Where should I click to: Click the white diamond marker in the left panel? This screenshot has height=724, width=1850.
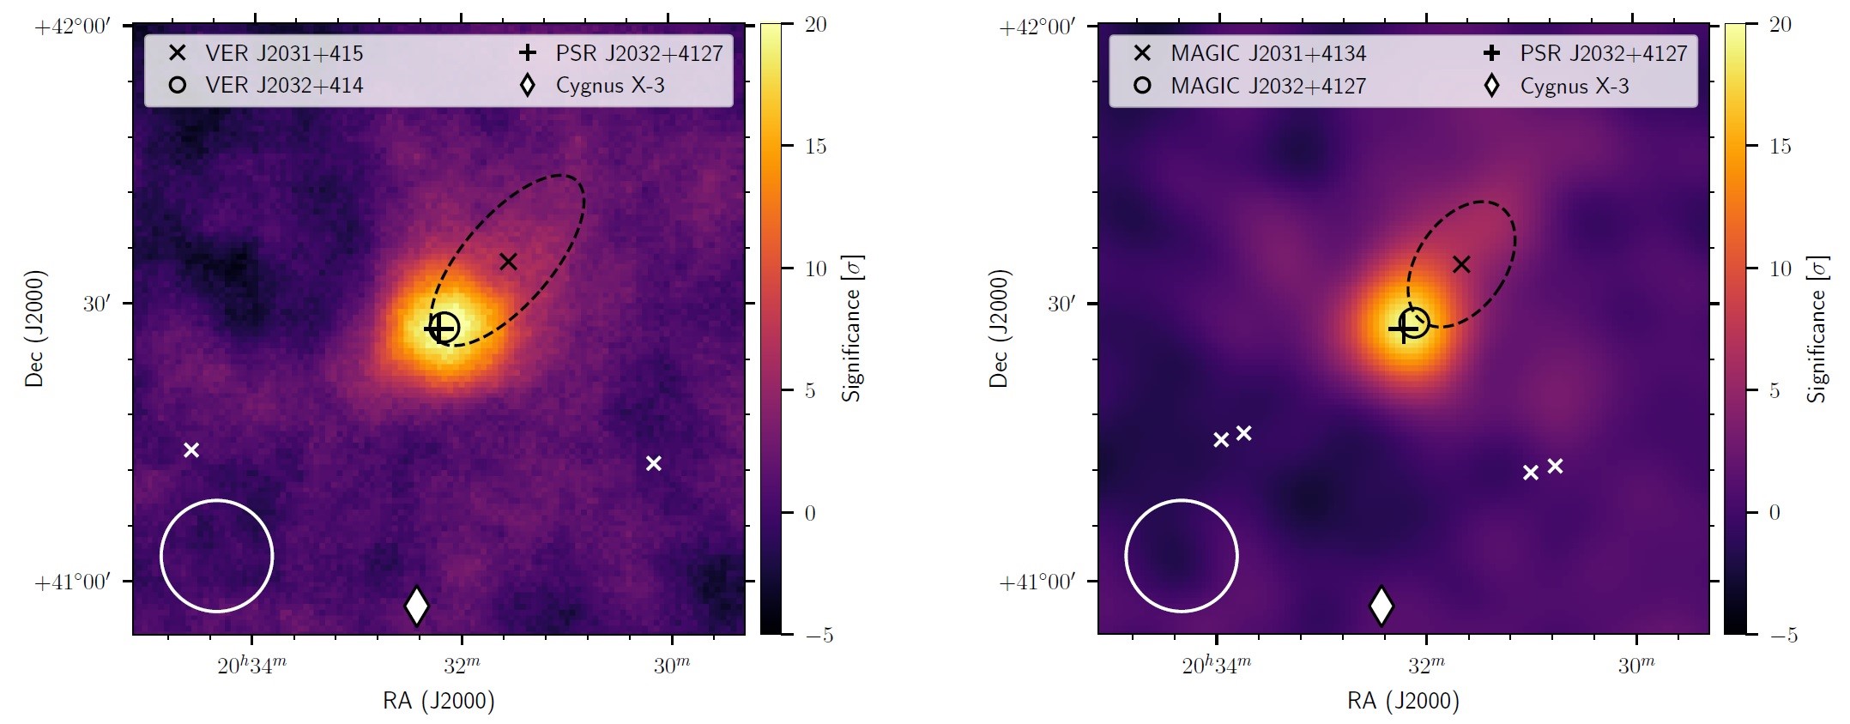pyautogui.click(x=416, y=606)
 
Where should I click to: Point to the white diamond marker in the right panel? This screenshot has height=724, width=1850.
pyautogui.click(x=1381, y=606)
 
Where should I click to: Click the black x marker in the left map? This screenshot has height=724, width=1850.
pyautogui.click(x=508, y=261)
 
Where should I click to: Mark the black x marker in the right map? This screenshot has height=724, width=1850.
pyautogui.click(x=1461, y=264)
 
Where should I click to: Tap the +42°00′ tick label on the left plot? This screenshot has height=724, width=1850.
pyautogui.click(x=73, y=27)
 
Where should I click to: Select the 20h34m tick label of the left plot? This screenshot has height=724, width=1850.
pyautogui.click(x=251, y=666)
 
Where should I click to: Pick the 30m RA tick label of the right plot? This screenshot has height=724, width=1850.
pyautogui.click(x=1635, y=666)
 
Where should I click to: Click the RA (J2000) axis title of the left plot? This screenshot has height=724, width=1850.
pyautogui.click(x=438, y=701)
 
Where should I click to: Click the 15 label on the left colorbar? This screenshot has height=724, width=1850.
pyautogui.click(x=815, y=146)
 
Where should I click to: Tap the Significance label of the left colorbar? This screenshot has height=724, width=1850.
pyautogui.click(x=851, y=329)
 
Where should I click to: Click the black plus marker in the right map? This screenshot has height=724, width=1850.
pyautogui.click(x=1404, y=328)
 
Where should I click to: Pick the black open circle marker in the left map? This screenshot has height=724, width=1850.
pyautogui.click(x=444, y=327)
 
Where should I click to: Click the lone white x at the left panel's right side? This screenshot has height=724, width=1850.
pyautogui.click(x=653, y=463)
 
